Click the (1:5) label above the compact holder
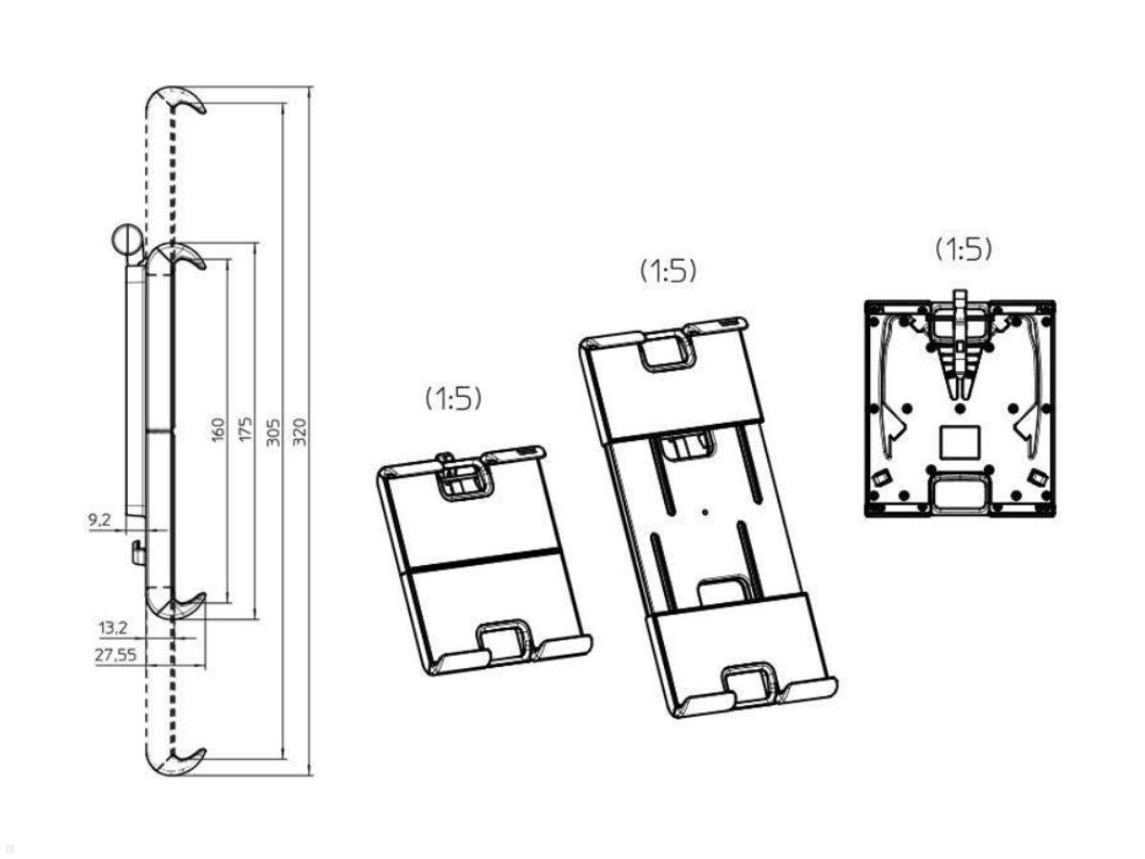tap(453, 398)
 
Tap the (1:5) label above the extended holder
tap(668, 270)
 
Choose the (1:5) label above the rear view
tap(963, 249)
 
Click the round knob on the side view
tap(126, 240)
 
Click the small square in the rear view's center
tap(960, 441)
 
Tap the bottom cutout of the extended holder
tap(749, 683)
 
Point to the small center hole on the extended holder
tap(704, 513)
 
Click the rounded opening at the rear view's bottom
tap(960, 492)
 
